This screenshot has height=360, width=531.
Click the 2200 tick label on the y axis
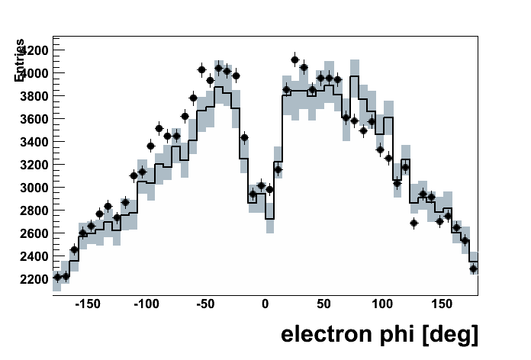coord(34,278)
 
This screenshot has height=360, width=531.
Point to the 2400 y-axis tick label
coord(34,256)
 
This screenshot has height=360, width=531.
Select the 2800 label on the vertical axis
coord(34,210)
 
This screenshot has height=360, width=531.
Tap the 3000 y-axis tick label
coord(34,187)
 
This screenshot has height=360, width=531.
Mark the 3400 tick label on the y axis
coord(34,141)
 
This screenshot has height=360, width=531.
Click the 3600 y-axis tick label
coord(34,118)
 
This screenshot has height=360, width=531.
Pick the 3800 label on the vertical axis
coord(34,95)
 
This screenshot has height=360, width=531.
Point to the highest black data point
coord(295,59)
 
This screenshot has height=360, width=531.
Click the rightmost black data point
coord(473,268)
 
